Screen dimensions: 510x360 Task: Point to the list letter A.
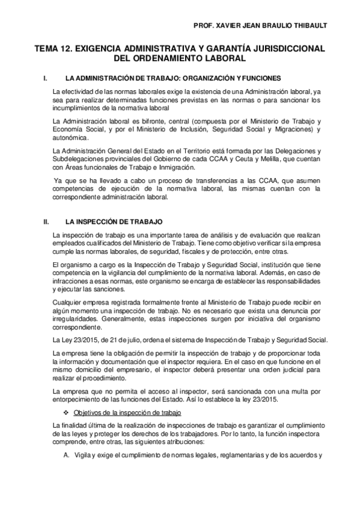(67, 454)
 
